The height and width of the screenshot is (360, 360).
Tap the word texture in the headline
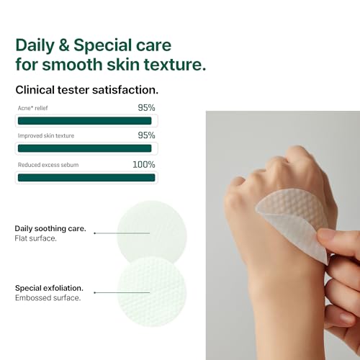click(x=172, y=64)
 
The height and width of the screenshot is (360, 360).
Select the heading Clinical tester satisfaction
click(x=86, y=91)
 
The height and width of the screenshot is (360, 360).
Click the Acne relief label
click(x=34, y=109)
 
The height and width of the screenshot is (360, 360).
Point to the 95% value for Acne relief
click(x=146, y=108)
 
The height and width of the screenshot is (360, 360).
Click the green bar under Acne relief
click(x=84, y=121)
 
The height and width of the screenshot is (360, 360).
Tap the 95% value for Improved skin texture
click(x=146, y=135)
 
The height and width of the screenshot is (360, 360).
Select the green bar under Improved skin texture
click(x=84, y=148)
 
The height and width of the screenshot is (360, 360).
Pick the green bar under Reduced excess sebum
click(x=86, y=177)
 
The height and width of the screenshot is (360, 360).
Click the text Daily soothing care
click(x=50, y=228)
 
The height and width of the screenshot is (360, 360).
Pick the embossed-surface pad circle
click(x=152, y=292)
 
